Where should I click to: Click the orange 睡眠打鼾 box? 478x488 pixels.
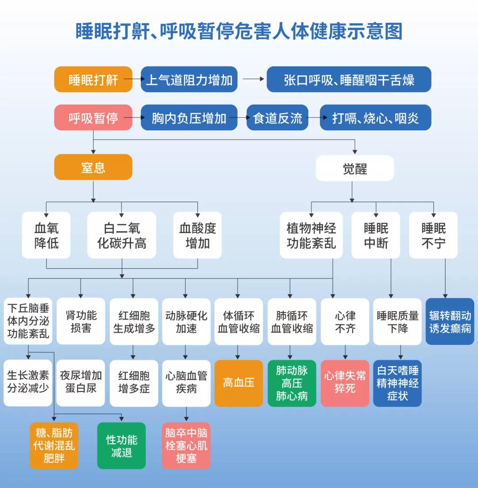(x=93, y=79)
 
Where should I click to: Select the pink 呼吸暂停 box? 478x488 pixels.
(x=93, y=117)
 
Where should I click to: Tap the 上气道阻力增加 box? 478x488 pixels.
(x=189, y=79)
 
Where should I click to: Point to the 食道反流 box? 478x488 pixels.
(x=277, y=117)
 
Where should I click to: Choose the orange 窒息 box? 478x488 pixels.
(x=93, y=167)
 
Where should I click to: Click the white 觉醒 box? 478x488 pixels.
(x=355, y=168)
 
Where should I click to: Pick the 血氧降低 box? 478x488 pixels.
(x=46, y=235)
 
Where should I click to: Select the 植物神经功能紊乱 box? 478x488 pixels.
(x=311, y=235)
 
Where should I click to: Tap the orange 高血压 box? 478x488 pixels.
(x=239, y=383)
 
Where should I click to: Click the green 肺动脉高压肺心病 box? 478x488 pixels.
(x=292, y=383)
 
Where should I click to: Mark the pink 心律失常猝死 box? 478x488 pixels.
(x=345, y=383)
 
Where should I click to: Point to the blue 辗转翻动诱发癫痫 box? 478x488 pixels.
(x=450, y=322)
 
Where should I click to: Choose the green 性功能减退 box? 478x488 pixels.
(x=121, y=446)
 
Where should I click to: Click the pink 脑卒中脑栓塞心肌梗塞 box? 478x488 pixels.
(x=186, y=446)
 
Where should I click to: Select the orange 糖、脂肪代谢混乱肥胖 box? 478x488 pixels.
(x=54, y=446)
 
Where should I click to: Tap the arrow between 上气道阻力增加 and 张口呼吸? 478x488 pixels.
(x=252, y=79)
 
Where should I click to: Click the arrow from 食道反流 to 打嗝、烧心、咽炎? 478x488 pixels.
(x=314, y=117)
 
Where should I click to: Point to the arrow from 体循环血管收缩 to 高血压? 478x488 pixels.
(x=238, y=352)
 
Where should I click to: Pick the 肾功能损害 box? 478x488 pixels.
(x=81, y=322)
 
